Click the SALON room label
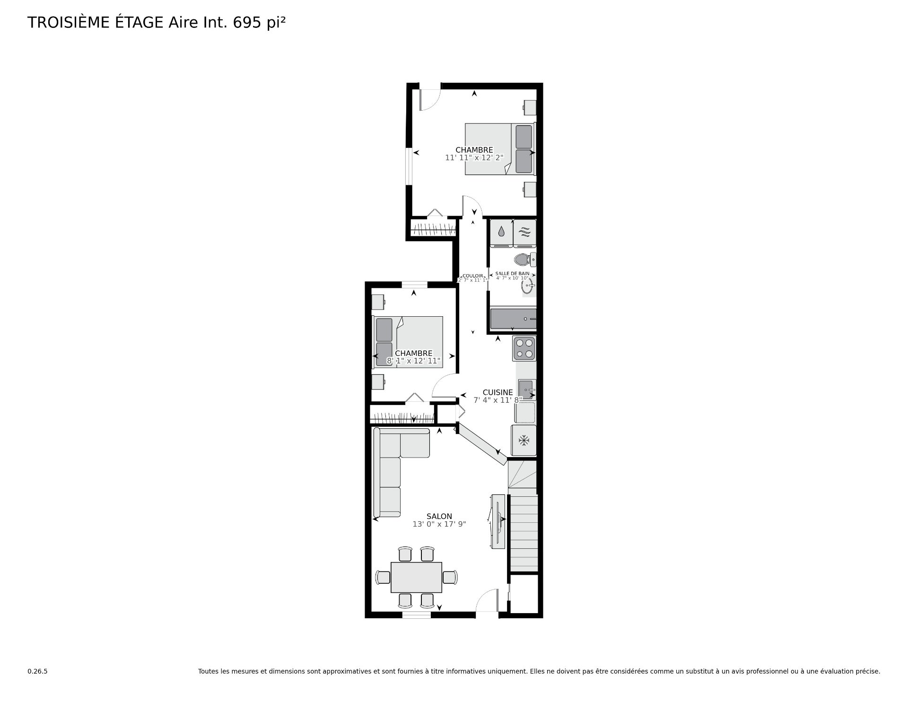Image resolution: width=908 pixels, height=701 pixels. [x=439, y=516]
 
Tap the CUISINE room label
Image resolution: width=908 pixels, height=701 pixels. [x=498, y=392]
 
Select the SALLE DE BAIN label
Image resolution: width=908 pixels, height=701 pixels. [x=512, y=273]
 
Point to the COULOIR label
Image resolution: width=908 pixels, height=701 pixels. [x=473, y=276]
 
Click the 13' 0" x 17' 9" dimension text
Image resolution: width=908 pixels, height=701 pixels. [x=439, y=524]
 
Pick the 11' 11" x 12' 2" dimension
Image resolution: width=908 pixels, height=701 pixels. [x=474, y=158]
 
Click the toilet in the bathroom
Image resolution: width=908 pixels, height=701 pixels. [x=523, y=259]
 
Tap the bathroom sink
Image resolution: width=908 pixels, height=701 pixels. [x=527, y=286]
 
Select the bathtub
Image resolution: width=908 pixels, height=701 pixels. [x=513, y=319]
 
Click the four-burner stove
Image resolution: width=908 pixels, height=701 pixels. [x=524, y=348]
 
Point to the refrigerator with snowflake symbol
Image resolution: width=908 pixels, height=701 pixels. [x=524, y=441]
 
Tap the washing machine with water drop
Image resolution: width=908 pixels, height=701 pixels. [x=501, y=232]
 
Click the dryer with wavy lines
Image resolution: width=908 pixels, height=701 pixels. [x=525, y=232]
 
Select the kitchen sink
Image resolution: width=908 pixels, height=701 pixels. [x=527, y=389]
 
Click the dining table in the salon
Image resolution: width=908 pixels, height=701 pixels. [x=416, y=577]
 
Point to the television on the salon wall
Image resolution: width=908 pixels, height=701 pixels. [x=498, y=521]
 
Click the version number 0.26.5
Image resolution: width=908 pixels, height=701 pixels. [x=37, y=671]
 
